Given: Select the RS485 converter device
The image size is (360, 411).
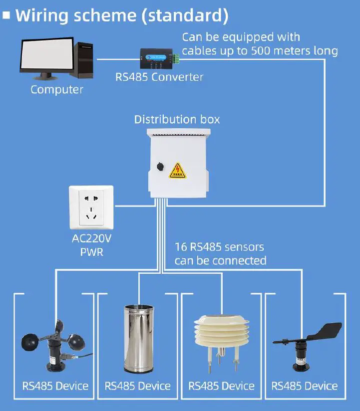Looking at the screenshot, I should click(159, 58).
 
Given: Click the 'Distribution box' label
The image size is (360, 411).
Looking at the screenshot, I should click(177, 120).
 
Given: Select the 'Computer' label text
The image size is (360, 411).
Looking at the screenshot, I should click(56, 90).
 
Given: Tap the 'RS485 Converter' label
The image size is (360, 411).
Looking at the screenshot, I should click(159, 77).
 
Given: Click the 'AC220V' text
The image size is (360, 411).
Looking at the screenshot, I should click(91, 238).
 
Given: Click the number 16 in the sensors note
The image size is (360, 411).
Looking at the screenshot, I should click(180, 247).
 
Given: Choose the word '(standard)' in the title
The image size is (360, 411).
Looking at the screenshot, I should click(184, 15).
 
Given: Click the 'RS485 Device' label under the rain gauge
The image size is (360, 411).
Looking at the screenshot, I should click(138, 386).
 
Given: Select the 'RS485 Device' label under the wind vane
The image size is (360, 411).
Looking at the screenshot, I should click(305, 386).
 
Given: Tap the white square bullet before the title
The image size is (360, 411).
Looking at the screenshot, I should click(6, 15).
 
